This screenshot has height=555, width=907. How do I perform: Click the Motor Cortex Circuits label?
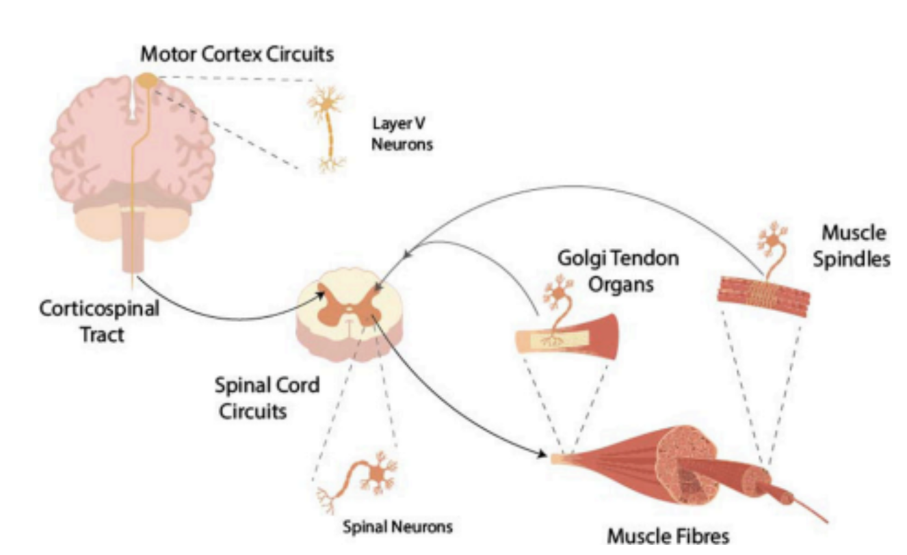pyautogui.click(x=237, y=54)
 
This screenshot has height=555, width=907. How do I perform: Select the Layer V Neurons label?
pyautogui.click(x=402, y=134)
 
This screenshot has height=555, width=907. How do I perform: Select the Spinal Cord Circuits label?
pyautogui.click(x=267, y=398)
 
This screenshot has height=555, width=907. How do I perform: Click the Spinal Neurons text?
pyautogui.click(x=397, y=527)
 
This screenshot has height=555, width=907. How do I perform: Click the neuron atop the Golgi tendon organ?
pyautogui.click(x=557, y=296)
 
